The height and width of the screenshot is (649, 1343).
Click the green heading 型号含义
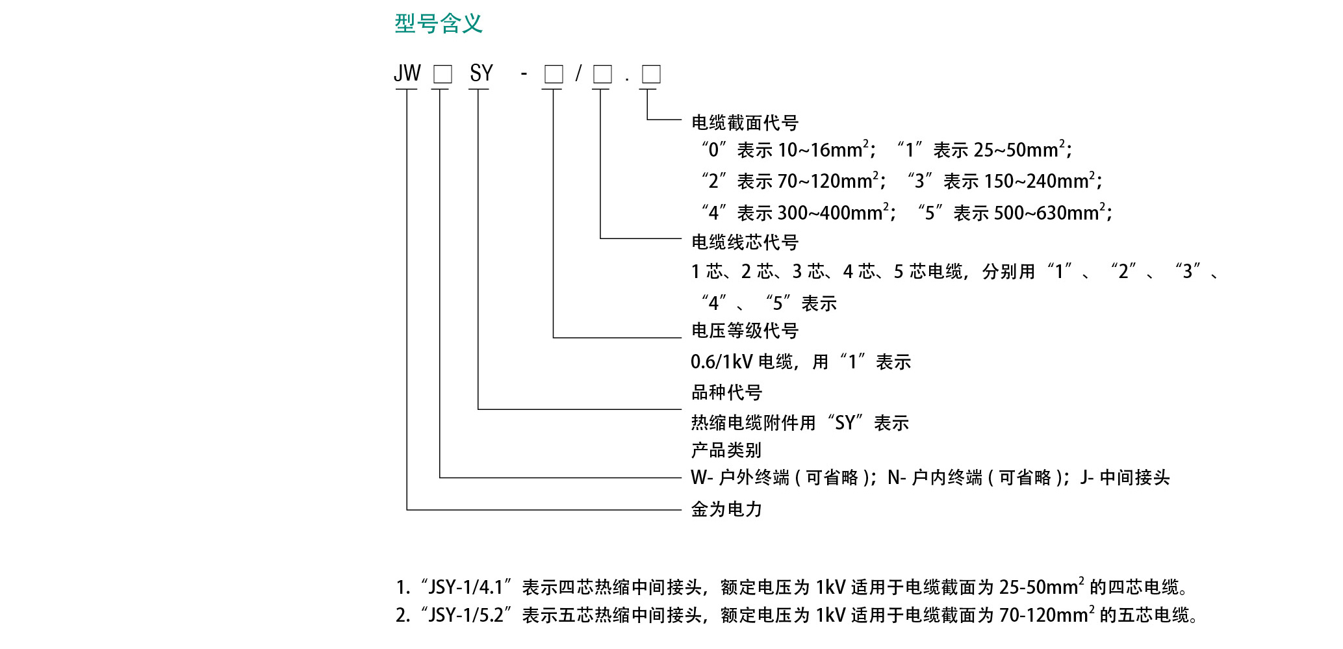(x=439, y=24)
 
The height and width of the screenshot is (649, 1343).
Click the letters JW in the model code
(x=407, y=73)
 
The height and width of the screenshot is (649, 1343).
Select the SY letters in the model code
(x=481, y=73)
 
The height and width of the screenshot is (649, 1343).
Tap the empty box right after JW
(x=442, y=74)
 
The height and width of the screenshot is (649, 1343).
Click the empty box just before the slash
(x=554, y=74)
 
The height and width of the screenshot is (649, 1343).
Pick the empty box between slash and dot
(x=602, y=74)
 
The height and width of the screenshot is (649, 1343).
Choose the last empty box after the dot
(x=651, y=74)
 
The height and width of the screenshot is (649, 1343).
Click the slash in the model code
(x=578, y=73)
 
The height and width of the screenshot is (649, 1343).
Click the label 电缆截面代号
(x=745, y=123)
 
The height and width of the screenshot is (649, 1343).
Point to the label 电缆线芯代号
(x=745, y=242)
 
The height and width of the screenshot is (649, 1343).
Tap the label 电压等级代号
(x=745, y=331)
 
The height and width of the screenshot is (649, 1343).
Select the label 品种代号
(x=726, y=392)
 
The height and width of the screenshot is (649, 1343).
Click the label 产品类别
(x=726, y=450)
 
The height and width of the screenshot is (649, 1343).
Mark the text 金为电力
(x=726, y=509)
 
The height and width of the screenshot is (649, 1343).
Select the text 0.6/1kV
(x=721, y=362)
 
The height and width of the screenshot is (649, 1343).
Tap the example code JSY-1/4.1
(x=466, y=587)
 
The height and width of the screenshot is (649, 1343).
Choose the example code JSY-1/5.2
(x=466, y=615)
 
